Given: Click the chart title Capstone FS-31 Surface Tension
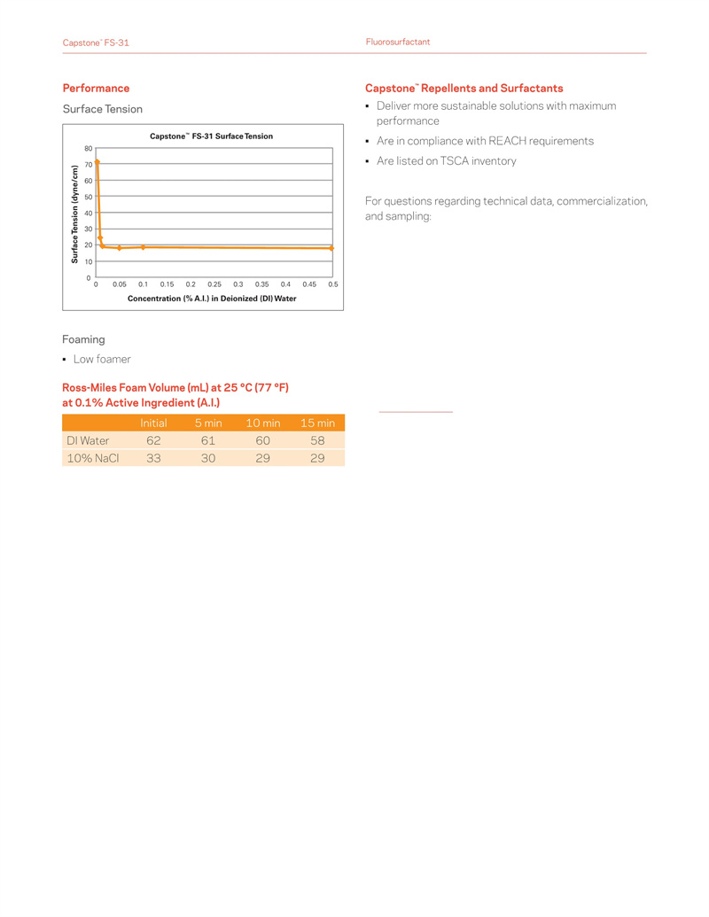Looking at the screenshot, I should pos(211,136).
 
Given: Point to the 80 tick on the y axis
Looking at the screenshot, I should pos(89,148).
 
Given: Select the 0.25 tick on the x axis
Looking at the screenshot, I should pos(214,284).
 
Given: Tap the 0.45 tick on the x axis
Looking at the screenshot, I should pos(309,284).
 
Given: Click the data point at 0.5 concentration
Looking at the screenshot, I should pos(332,249).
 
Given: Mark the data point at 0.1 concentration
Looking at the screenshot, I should pos(143,247).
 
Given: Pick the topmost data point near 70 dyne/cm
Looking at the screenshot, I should pos(97,162).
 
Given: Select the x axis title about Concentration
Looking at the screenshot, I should pos(212,299).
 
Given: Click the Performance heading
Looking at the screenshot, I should pos(96,88).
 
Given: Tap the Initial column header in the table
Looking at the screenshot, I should pos(153,424).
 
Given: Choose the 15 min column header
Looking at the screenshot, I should pos(318,424).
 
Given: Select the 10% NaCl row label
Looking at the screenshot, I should pos(92,458).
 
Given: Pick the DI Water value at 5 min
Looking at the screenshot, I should pos(208,440).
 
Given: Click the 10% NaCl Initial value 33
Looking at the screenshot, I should pos(153,458).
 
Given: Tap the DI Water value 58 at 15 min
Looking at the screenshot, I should pos(318,440).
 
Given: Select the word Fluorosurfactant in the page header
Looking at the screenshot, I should pos(398,43).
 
